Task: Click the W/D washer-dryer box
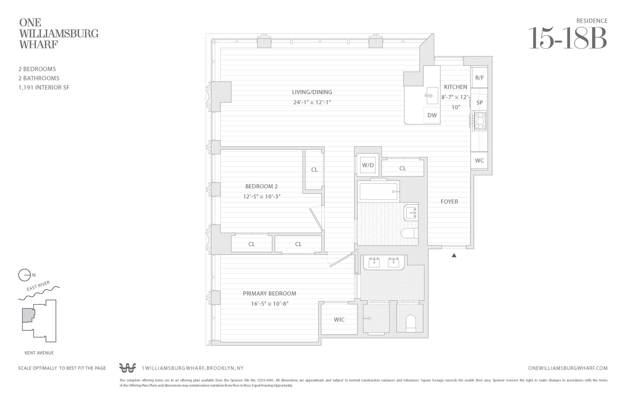(368, 165)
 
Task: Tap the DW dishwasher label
(432, 115)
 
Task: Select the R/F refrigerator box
(480, 78)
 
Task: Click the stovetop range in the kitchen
(480, 121)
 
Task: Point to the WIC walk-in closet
(339, 319)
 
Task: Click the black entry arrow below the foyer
(454, 255)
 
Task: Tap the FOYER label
(449, 201)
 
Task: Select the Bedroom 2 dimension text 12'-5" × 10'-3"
(262, 196)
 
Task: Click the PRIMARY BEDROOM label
(269, 294)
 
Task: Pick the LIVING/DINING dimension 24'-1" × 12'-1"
(312, 102)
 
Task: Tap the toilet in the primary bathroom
(411, 323)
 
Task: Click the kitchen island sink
(430, 96)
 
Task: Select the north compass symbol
(25, 275)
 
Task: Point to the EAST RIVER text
(38, 286)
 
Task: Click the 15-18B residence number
(567, 38)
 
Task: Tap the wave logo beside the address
(127, 368)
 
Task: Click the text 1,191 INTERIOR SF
(44, 88)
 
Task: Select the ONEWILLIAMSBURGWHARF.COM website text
(568, 368)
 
